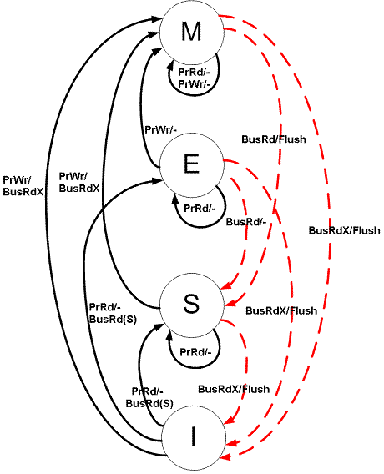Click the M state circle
[191, 32]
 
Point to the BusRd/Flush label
[274, 139]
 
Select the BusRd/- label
[245, 222]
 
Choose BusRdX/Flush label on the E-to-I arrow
[281, 310]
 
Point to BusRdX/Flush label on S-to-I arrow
[234, 389]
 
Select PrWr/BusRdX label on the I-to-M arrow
[23, 184]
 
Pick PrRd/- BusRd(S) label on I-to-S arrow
[149, 398]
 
